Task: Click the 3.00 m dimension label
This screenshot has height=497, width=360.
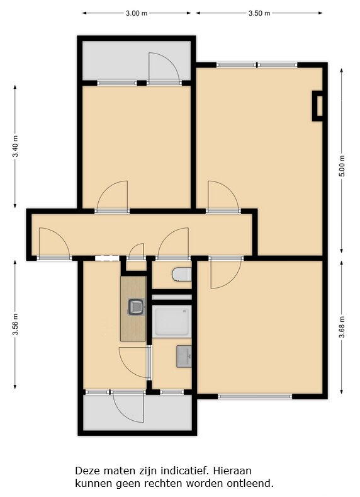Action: (x=137, y=13)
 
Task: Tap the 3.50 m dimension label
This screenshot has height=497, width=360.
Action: (x=259, y=13)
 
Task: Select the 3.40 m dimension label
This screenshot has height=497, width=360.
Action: (x=15, y=146)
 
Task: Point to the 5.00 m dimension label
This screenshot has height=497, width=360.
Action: (x=342, y=166)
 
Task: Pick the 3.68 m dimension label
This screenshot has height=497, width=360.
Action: (x=342, y=327)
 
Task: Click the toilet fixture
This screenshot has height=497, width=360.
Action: (x=182, y=275)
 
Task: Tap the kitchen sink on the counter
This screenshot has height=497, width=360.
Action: (x=137, y=307)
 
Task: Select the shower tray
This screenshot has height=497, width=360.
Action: (x=172, y=321)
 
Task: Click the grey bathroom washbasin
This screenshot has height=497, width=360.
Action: (x=184, y=357)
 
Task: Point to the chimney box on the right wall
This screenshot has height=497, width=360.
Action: (x=318, y=106)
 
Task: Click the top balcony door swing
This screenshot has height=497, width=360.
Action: (x=164, y=68)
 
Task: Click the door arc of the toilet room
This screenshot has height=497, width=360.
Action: (x=173, y=243)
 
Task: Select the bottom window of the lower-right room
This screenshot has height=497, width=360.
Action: (x=255, y=396)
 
